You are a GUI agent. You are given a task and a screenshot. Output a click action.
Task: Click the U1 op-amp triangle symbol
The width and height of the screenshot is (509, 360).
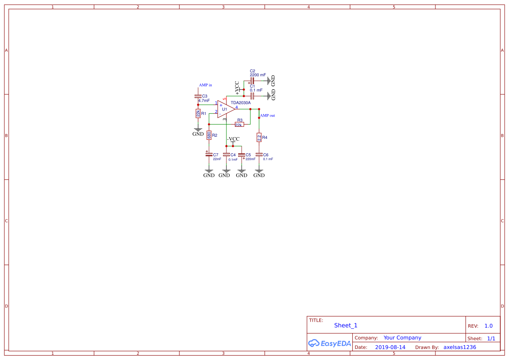tap(225, 109)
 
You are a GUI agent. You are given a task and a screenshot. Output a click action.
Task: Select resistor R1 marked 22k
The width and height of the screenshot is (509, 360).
tap(198, 113)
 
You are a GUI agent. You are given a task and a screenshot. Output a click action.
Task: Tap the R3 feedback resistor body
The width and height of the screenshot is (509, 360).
tap(239, 124)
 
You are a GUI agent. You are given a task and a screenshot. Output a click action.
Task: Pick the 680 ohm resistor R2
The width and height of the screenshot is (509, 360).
tap(209, 135)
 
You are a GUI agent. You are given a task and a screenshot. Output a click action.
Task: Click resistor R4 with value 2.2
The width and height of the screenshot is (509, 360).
tap(259, 138)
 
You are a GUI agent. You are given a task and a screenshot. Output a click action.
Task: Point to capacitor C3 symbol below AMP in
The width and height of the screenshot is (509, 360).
tap(198, 96)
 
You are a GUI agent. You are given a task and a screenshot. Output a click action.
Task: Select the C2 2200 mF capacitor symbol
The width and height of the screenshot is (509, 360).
tap(252, 81)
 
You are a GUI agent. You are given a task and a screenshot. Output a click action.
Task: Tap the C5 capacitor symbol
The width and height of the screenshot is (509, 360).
tap(242, 155)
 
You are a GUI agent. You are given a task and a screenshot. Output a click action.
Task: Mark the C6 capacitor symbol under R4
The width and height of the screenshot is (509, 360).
tap(259, 154)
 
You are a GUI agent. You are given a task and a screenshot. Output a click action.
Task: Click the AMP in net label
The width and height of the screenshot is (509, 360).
tap(206, 85)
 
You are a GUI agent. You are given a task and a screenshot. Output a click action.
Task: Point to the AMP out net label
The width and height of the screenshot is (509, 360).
tap(267, 116)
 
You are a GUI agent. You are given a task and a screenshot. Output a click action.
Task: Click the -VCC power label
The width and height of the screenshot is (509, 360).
tap(233, 139)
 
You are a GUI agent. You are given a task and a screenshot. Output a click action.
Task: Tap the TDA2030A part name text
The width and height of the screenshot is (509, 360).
tap(241, 103)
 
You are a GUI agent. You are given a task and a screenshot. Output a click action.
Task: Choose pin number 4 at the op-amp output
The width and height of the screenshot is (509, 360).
tap(236, 107)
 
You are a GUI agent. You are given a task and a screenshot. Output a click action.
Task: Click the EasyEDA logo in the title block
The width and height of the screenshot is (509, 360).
tap(329, 343)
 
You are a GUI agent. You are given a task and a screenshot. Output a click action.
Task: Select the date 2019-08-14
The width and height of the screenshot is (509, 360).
tap(390, 347)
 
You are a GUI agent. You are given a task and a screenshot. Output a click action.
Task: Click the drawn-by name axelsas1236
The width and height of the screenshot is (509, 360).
tap(459, 347)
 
